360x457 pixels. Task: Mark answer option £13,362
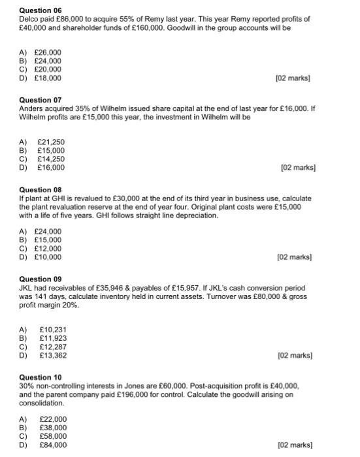(53, 355)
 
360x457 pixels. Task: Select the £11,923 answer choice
(53, 338)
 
